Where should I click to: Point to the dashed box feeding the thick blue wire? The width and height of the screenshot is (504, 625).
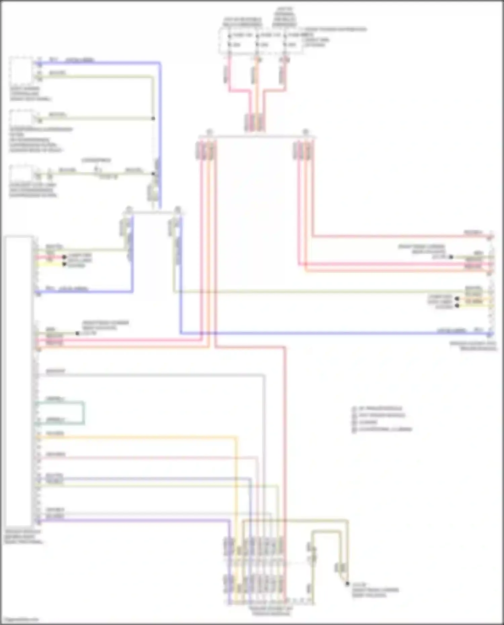point(21,71)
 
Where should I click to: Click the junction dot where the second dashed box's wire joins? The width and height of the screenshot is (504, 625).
point(153,119)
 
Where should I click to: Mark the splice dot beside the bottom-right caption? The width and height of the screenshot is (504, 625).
point(347,584)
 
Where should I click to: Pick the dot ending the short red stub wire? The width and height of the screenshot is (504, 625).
point(64,257)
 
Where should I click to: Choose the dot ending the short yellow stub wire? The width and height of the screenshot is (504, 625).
point(64,264)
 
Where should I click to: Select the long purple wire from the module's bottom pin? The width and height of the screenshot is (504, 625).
point(134,521)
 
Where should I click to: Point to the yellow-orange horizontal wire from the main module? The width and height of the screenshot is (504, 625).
point(134,437)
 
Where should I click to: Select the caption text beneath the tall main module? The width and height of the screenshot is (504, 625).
point(24,537)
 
